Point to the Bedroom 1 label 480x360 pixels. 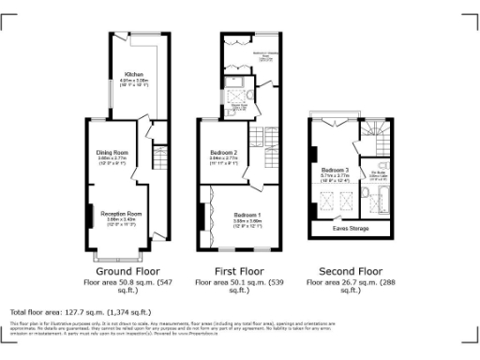(x=248, y=215)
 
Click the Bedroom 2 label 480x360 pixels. (x=223, y=151)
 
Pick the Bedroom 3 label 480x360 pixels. (x=335, y=170)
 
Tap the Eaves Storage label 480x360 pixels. (x=351, y=227)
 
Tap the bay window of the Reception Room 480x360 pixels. (x=120, y=250)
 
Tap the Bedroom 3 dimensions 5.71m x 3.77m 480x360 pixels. (x=335, y=175)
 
